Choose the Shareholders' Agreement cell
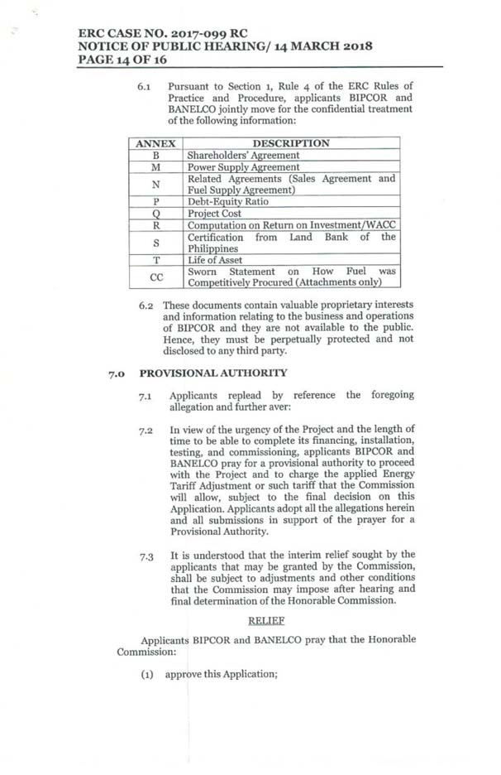[x=244, y=155]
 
